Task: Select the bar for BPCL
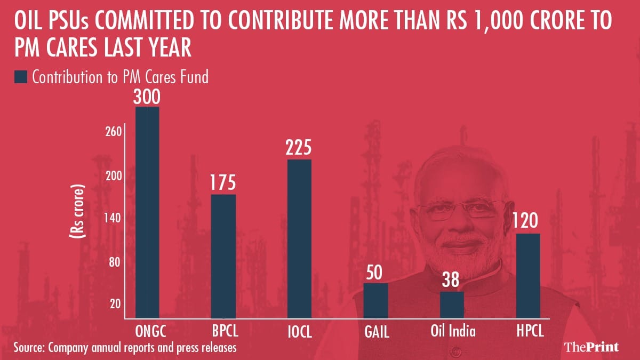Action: pos(223,256)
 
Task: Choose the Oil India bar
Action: pos(452,305)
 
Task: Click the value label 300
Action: pos(147,97)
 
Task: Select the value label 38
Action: pos(452,281)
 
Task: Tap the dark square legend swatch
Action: pos(20,77)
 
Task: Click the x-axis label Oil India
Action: pos(453,331)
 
